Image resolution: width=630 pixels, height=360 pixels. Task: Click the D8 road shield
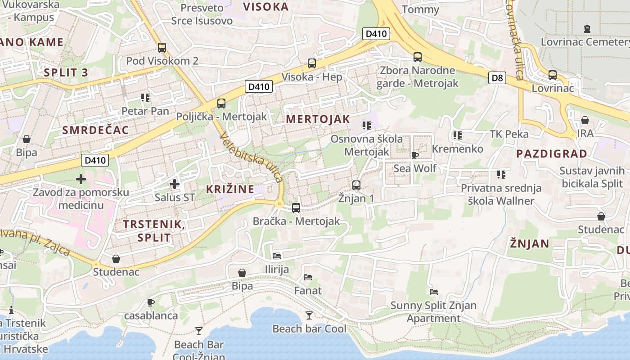(497, 78)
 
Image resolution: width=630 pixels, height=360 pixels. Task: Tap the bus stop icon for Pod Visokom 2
(162, 48)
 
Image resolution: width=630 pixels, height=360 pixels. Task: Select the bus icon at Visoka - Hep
(311, 63)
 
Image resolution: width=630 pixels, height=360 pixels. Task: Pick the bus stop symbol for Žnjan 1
(356, 185)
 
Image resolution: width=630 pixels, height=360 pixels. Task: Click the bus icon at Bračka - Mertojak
(296, 208)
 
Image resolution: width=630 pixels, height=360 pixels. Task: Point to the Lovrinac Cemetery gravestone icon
(587, 29)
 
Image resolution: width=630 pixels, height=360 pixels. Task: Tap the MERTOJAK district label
(318, 119)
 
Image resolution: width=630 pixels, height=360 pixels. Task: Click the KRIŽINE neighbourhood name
(230, 189)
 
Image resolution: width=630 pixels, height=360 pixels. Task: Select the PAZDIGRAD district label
(552, 154)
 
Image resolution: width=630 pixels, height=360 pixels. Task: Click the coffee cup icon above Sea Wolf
(414, 155)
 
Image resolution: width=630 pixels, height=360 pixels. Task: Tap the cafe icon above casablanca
(151, 302)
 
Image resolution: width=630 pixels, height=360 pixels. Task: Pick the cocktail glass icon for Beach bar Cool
(309, 315)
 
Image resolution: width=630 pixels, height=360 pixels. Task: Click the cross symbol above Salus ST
(175, 184)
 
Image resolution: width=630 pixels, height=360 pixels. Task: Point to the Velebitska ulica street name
(252, 158)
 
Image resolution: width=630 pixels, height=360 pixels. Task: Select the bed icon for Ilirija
(277, 256)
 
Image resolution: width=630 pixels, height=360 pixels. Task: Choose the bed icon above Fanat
(308, 277)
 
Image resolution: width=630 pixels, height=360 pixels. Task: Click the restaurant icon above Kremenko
(458, 135)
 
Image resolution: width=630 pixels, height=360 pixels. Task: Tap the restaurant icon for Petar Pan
(145, 97)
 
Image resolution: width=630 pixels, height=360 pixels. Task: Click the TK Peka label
(509, 134)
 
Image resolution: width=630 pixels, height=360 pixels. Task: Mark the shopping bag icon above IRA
(585, 120)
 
